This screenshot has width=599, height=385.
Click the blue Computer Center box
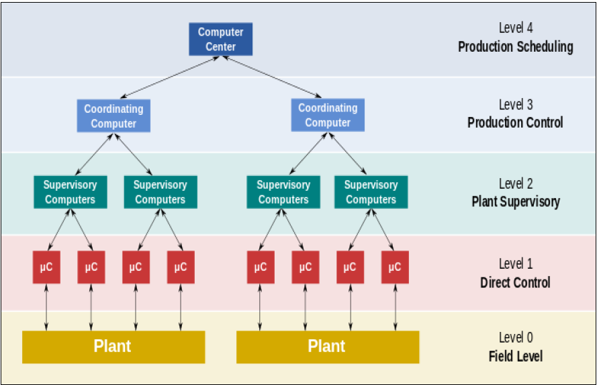[220, 40]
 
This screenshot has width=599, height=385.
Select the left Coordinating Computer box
[113, 116]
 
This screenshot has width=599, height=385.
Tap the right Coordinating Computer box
[328, 115]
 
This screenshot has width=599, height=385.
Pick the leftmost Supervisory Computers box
[70, 192]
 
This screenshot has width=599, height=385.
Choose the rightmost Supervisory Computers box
[371, 192]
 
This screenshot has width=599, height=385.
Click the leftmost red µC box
[46, 267]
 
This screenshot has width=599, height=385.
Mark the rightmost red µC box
[394, 267]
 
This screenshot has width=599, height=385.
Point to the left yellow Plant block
[113, 347]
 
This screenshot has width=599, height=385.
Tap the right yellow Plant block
[327, 347]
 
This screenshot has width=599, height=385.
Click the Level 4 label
[515, 28]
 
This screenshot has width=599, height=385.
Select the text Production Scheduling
[515, 47]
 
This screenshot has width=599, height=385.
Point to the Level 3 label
[515, 105]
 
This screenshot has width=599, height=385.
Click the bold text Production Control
[515, 123]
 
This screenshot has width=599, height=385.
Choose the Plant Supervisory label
[515, 202]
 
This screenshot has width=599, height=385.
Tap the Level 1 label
[515, 264]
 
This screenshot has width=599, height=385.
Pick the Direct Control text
[515, 282]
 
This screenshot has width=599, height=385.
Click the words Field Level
[515, 356]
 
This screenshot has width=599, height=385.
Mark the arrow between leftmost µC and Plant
[46, 307]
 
